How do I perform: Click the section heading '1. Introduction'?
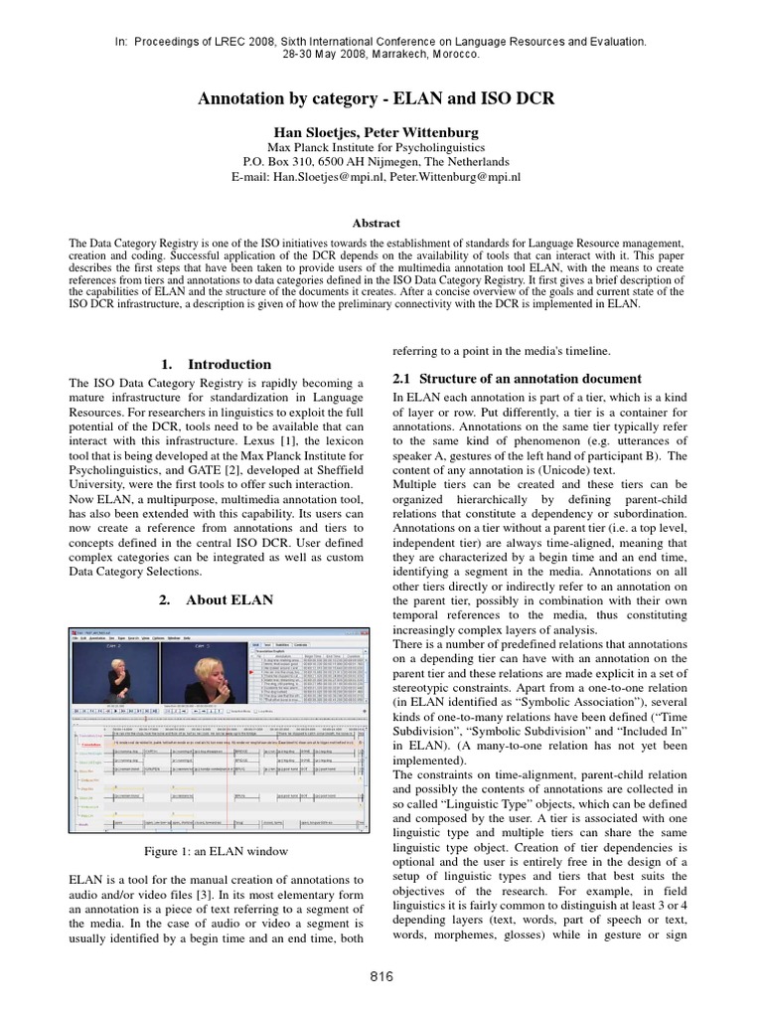pyautogui.click(x=216, y=365)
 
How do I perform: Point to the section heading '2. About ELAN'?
pyautogui.click(x=216, y=600)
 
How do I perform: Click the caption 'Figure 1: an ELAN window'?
pyautogui.click(x=216, y=851)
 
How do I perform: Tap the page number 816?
pyautogui.click(x=381, y=977)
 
